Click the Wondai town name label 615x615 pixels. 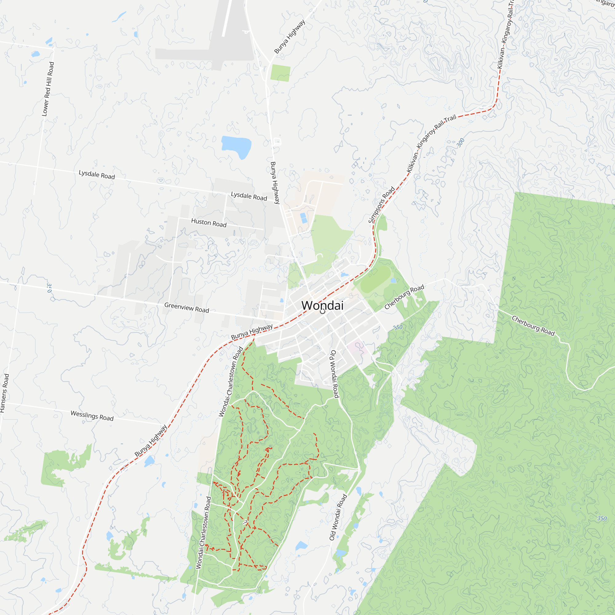322,305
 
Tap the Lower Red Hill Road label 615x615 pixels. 48,89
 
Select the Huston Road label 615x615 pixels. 208,223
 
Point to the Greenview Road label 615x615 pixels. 187,307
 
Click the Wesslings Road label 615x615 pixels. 92,416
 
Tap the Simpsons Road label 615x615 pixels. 381,205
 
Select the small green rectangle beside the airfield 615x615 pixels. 280,73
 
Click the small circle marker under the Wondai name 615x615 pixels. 323,311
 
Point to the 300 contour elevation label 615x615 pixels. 460,142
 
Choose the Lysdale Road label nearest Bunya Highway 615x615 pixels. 248,196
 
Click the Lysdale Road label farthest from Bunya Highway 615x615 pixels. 97,174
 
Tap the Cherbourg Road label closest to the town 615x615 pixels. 404,297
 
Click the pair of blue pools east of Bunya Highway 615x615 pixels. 304,218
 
